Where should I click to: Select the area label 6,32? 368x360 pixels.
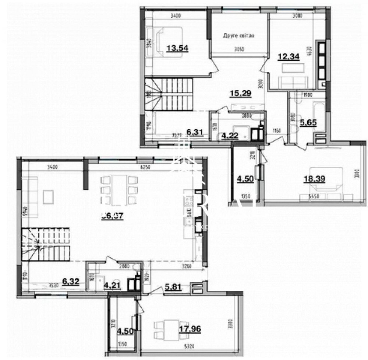pyautogui.click(x=71, y=282)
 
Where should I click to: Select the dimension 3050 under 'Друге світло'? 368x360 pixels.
pyautogui.click(x=239, y=49)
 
